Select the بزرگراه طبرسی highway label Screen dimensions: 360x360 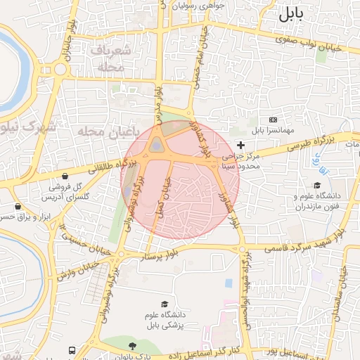(x=310, y=146)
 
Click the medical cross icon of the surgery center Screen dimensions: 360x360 (x=240, y=145)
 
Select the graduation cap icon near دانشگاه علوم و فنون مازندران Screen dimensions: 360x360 (x=316, y=184)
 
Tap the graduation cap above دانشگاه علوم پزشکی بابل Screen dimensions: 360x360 (x=165, y=304)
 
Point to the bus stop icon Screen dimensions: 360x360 (x=72, y=349)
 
